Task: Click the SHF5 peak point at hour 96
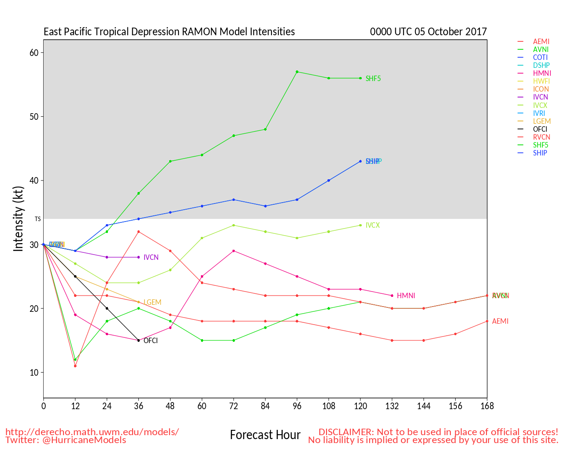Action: [297, 72]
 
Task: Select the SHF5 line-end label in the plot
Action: [373, 79]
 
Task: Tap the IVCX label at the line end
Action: [372, 225]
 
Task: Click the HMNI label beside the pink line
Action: [406, 296]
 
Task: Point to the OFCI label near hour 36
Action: [151, 341]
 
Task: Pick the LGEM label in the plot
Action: [152, 303]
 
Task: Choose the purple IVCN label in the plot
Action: [151, 258]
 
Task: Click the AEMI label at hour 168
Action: [500, 322]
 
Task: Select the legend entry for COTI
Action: [540, 58]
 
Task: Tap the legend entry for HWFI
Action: [541, 81]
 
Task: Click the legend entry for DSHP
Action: [541, 66]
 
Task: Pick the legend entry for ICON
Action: [541, 89]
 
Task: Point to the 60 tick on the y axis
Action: [34, 53]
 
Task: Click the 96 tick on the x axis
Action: [297, 406]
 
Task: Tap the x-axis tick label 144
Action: [423, 406]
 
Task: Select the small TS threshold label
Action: [37, 219]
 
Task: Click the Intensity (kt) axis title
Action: [18, 219]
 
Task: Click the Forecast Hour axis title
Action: [265, 435]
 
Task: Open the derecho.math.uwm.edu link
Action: [92, 432]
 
